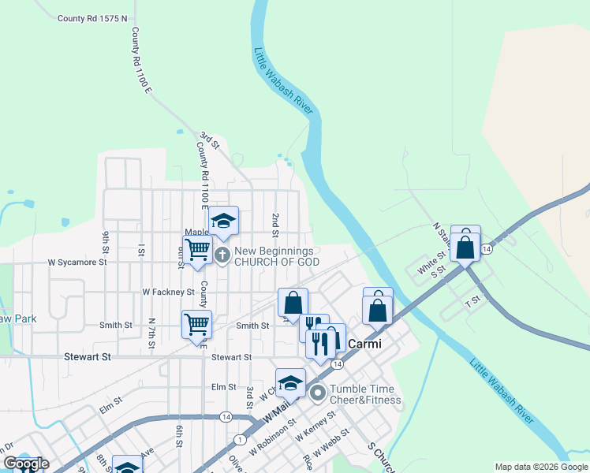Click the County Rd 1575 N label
pyautogui.click(x=92, y=17)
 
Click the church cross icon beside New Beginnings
pyautogui.click(x=222, y=255)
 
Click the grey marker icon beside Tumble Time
pyautogui.click(x=318, y=392)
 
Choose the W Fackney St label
pyautogui.click(x=168, y=292)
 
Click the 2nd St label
pyautogui.click(x=275, y=224)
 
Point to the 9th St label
pyautogui.click(x=106, y=244)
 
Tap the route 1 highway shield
pyautogui.click(x=240, y=439)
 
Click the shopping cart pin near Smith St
pyautogui.click(x=196, y=323)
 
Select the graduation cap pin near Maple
pyautogui.click(x=223, y=220)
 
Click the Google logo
pyautogui.click(x=26, y=464)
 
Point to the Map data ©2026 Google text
pyautogui.click(x=542, y=467)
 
